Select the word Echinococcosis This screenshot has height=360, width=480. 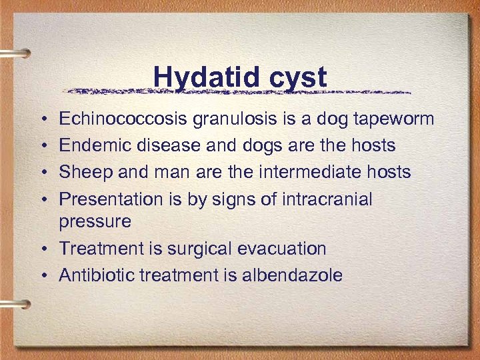click(x=124, y=119)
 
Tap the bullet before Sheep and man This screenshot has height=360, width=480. click(x=43, y=173)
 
